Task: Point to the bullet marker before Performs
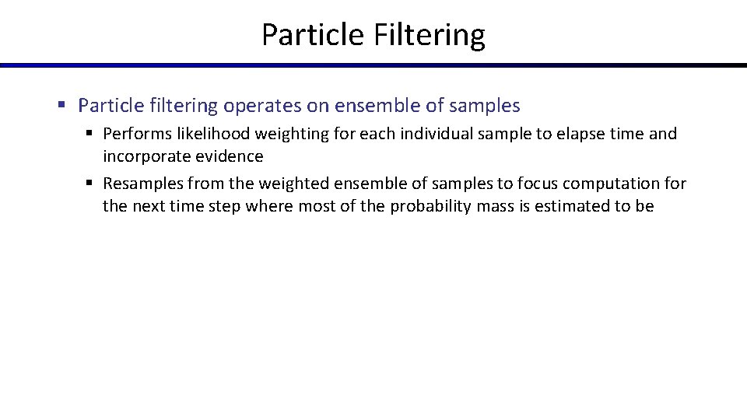click(89, 134)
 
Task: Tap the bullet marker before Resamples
click(89, 184)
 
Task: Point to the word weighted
click(279, 184)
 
